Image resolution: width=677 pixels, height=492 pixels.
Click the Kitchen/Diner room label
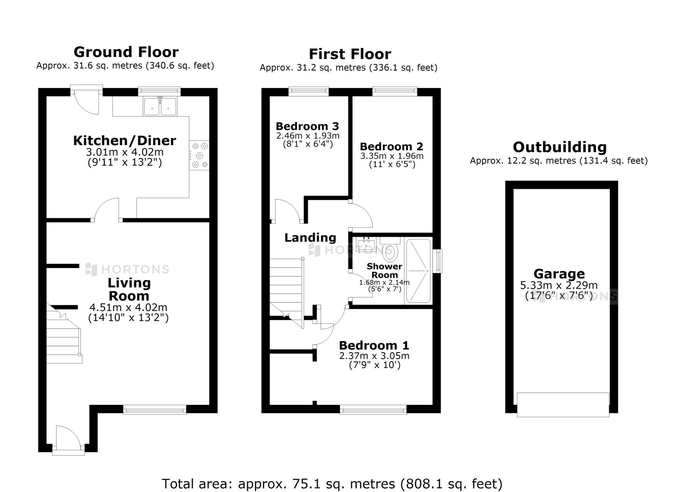click(x=124, y=141)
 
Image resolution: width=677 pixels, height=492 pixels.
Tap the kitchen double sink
click(x=160, y=106)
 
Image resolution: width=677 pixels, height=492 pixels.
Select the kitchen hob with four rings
click(x=199, y=155)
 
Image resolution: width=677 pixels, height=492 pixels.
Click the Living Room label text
click(x=129, y=289)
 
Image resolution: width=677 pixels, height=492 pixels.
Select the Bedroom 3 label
click(x=307, y=126)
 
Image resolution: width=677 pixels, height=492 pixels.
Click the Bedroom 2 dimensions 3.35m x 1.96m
click(x=392, y=156)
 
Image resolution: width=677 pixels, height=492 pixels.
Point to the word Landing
click(x=310, y=238)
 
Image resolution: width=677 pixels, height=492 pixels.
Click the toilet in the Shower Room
click(x=390, y=249)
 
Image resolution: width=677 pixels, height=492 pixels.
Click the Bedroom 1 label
click(x=374, y=345)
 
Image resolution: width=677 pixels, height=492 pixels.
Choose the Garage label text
click(x=559, y=273)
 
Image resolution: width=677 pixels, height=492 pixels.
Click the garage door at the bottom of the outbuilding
click(x=563, y=405)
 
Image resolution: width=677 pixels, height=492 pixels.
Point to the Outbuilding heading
click(x=560, y=147)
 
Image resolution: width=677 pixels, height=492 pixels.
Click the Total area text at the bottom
click(x=332, y=484)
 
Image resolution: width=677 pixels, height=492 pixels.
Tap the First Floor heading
click(x=350, y=54)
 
